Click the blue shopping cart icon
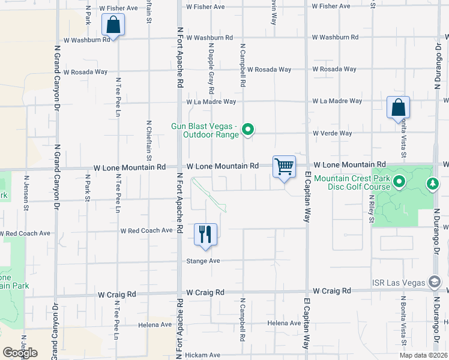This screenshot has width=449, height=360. [x=283, y=166]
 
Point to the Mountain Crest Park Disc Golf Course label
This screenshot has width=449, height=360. [x=351, y=182]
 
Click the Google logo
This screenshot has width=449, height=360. [x=20, y=353]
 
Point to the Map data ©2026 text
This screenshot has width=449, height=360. [x=415, y=355]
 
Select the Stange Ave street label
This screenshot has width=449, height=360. [x=203, y=261]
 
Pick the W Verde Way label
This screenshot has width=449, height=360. [x=328, y=133]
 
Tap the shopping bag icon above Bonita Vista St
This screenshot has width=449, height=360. [x=398, y=108]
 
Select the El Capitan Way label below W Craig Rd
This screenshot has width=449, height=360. [x=307, y=324]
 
